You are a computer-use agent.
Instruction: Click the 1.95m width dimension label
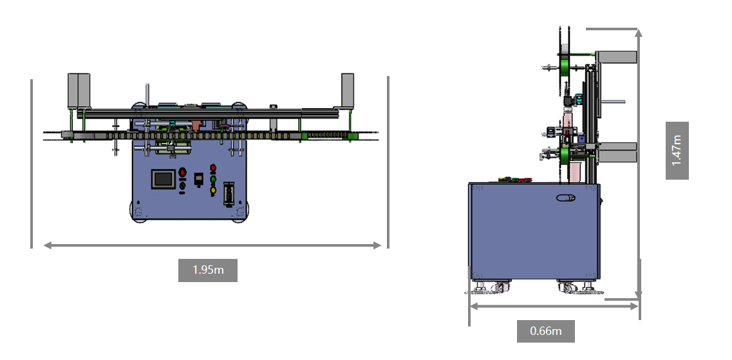click(208, 270)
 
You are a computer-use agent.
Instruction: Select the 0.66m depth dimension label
click(545, 331)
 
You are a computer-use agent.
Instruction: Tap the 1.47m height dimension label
click(677, 150)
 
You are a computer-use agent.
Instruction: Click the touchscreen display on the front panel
click(164, 179)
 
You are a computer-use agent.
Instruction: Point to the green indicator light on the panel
click(213, 179)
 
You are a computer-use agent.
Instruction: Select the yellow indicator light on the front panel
click(213, 190)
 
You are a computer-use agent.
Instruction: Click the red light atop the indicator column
click(213, 167)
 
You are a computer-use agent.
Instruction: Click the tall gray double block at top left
click(79, 90)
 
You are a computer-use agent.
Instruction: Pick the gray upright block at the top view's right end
click(347, 89)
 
